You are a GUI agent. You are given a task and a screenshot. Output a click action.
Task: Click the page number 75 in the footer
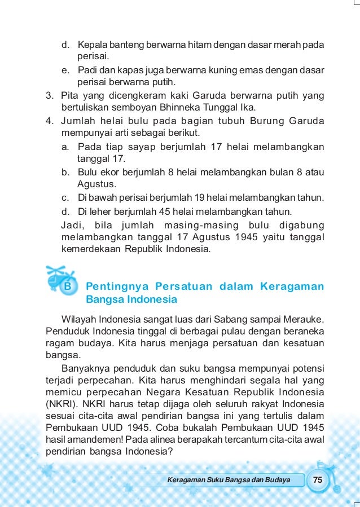pos(318,480)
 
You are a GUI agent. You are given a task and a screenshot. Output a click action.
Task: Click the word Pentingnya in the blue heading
pos(113,286)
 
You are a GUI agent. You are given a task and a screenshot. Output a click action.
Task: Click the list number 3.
pos(49,95)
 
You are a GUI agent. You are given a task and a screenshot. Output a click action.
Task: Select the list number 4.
pos(49,121)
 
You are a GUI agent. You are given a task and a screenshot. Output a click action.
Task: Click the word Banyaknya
pos(90,369)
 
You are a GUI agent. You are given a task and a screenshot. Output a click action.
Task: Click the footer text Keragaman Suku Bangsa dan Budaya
pos(229,480)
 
